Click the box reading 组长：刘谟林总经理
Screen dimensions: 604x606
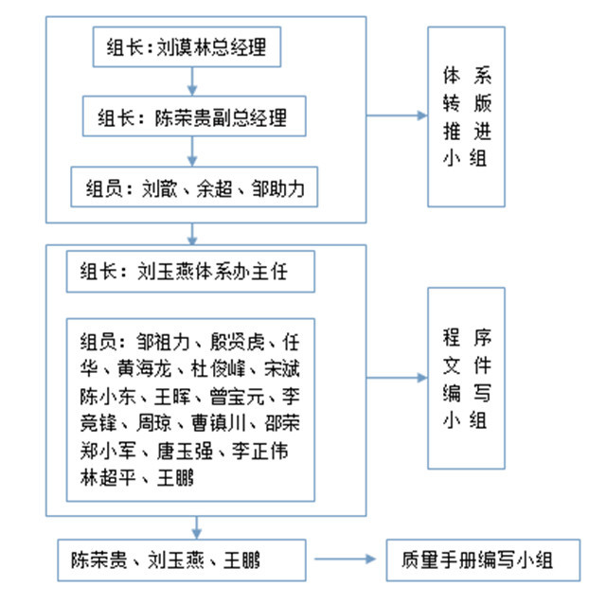click(187, 49)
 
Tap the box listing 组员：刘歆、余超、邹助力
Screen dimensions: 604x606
click(193, 187)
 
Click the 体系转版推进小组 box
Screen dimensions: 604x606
click(466, 116)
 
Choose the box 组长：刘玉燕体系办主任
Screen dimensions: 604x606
click(190, 274)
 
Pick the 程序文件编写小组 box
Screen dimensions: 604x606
click(466, 379)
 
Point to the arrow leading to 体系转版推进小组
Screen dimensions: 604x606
click(397, 115)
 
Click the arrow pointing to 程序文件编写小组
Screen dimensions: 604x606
click(397, 378)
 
